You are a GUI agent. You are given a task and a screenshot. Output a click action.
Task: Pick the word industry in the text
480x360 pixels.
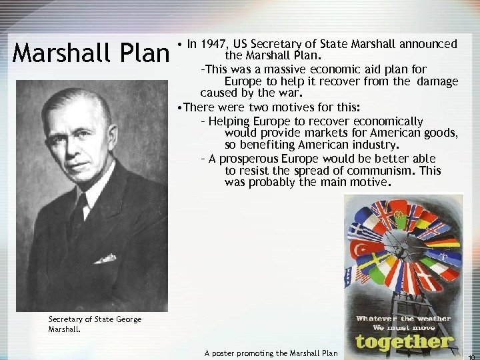pyautogui.click(x=372, y=145)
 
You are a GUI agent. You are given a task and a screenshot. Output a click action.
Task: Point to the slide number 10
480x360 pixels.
pyautogui.click(x=471, y=355)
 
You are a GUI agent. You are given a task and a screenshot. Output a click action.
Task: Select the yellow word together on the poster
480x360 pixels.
pyautogui.click(x=404, y=341)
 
